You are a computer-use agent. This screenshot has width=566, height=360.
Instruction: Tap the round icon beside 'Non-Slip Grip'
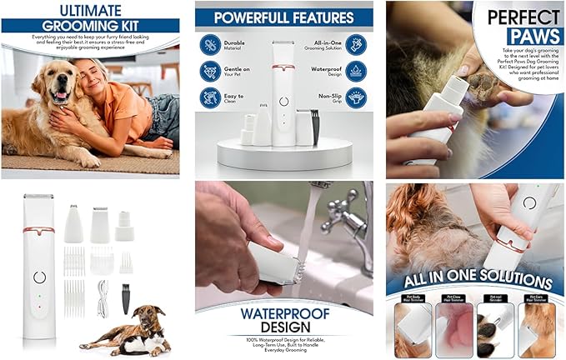357,98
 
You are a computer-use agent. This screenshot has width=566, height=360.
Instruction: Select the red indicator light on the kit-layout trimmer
38,307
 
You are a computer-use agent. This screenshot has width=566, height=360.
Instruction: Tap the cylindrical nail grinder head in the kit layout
125,224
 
